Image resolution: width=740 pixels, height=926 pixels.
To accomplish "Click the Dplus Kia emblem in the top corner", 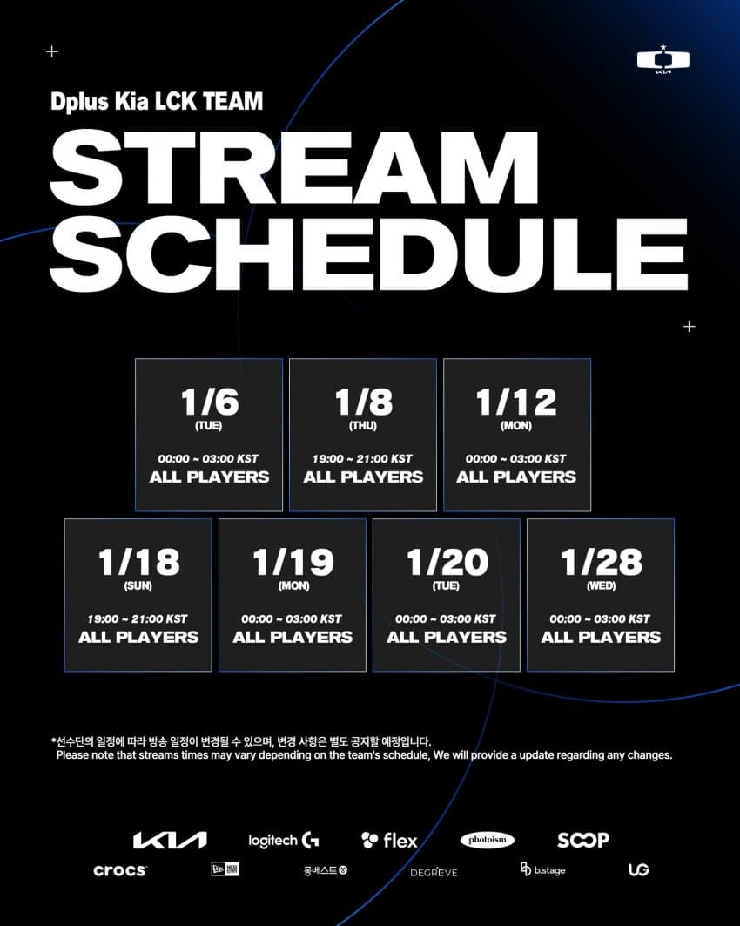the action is [663, 59].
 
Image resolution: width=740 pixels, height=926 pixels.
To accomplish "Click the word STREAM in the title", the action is [294, 167].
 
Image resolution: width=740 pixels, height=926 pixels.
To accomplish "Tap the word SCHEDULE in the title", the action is [369, 254].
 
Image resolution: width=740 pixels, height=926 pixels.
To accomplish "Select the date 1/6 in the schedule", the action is [210, 402].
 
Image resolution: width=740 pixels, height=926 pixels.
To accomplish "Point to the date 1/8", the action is [364, 402].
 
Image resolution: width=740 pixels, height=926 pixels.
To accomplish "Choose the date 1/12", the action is [516, 402].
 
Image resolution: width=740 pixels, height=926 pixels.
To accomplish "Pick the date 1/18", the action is [138, 562].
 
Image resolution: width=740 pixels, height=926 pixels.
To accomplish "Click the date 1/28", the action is [602, 562].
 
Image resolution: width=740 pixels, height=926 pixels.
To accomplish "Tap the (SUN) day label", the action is [138, 586].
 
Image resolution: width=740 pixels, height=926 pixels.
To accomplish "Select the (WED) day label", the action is [602, 586].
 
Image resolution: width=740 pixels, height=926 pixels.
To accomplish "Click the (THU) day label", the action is [363, 426].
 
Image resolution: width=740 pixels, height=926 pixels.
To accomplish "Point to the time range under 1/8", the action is [362, 459].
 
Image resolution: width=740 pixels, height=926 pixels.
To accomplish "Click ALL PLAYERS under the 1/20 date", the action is [447, 637].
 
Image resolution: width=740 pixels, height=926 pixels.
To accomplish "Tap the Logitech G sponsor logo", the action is [283, 840].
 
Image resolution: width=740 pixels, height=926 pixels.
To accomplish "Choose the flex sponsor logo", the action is [389, 840].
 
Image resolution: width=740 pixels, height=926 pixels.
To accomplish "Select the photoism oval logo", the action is [488, 840].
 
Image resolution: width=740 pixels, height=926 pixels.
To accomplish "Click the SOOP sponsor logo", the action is [583, 840].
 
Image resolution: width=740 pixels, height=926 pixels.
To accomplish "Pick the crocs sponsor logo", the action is [120, 870].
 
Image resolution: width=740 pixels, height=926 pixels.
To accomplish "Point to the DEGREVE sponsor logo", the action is [434, 872].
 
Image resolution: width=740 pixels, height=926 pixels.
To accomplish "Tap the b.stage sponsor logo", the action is [543, 869].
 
